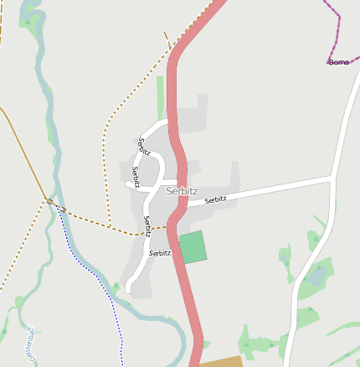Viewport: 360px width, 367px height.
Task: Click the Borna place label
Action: [x=339, y=62]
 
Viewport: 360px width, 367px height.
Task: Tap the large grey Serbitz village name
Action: [x=182, y=191]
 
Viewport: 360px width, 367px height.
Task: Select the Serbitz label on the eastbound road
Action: [x=216, y=199]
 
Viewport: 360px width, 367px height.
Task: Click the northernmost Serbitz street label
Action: [x=144, y=146]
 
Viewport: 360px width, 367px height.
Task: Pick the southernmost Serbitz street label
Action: [x=160, y=252]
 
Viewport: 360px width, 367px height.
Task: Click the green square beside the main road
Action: [x=193, y=247]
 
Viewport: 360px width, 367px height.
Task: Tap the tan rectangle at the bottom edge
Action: [x=220, y=362]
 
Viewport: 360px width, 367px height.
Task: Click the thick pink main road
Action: [x=177, y=109]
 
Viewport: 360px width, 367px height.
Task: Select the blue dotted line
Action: [x=100, y=285]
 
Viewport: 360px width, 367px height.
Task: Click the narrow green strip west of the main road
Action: [x=160, y=99]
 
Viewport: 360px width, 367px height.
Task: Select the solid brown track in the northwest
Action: [x=25, y=151]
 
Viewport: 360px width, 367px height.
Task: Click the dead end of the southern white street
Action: [x=129, y=289]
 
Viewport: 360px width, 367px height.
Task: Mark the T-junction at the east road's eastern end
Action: [x=333, y=178]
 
